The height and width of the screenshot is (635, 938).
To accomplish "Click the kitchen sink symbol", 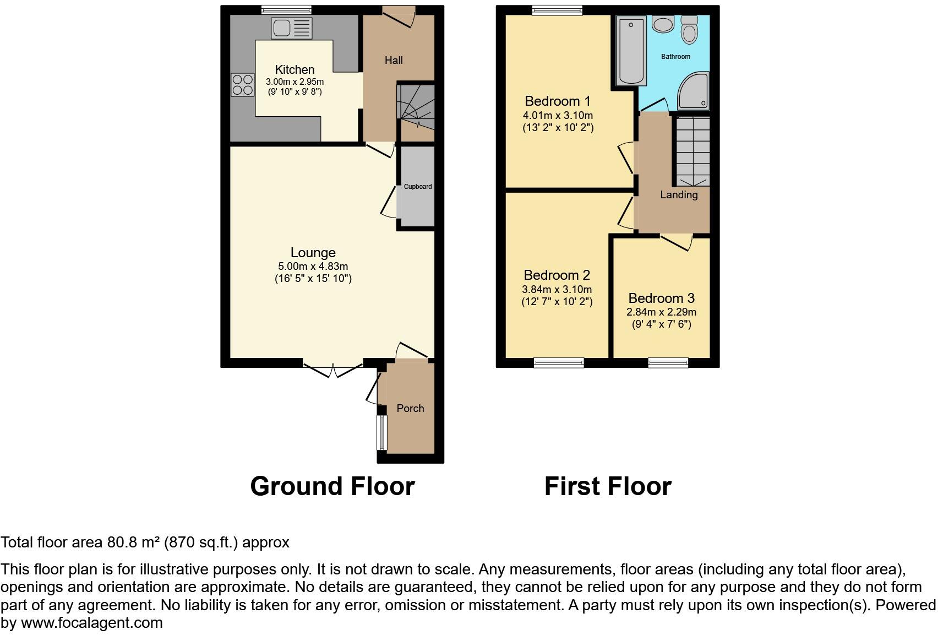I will (x=291, y=28).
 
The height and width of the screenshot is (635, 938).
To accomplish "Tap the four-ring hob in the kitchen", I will (x=242, y=85).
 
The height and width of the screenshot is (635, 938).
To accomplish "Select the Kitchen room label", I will (x=295, y=70).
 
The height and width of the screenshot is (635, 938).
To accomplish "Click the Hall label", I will (x=394, y=61).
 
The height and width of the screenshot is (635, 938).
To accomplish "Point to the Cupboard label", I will (x=418, y=187).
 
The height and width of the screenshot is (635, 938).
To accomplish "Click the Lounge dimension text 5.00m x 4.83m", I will (x=313, y=267).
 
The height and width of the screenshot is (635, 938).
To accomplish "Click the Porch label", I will (x=410, y=409).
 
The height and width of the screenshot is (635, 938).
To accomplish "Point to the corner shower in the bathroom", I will (x=694, y=91).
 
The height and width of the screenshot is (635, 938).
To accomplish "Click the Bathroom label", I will (x=675, y=57).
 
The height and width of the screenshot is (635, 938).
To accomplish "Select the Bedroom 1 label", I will (x=558, y=101).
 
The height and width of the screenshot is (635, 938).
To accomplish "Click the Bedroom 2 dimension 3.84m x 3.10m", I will (x=557, y=290).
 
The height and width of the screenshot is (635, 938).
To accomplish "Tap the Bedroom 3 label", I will (x=661, y=298).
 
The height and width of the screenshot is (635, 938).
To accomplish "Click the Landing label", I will (x=679, y=195).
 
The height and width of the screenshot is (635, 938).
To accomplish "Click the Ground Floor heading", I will (x=332, y=486).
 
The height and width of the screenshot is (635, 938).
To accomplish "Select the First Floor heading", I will (x=608, y=486).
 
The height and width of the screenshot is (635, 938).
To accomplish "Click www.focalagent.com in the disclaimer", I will (x=92, y=623).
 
